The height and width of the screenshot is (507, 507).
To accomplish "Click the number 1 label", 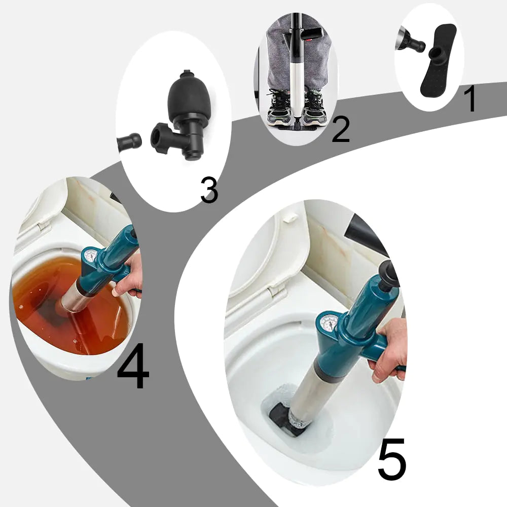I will coord(470,99).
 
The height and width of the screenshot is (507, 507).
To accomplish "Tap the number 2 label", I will coord(340,130).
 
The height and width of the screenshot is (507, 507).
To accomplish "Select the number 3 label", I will coord(209,191).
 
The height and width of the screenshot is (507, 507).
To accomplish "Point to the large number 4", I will coord(133,367).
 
